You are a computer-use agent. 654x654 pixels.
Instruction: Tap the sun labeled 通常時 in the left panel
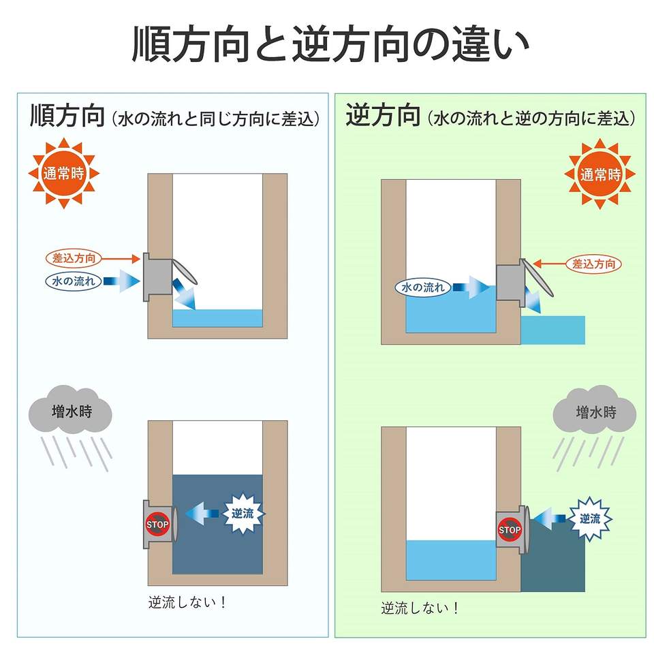click(63, 173)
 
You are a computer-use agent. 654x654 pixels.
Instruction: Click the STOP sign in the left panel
click(157, 525)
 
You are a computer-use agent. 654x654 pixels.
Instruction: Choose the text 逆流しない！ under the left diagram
click(187, 603)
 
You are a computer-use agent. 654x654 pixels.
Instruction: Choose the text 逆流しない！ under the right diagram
click(420, 608)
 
